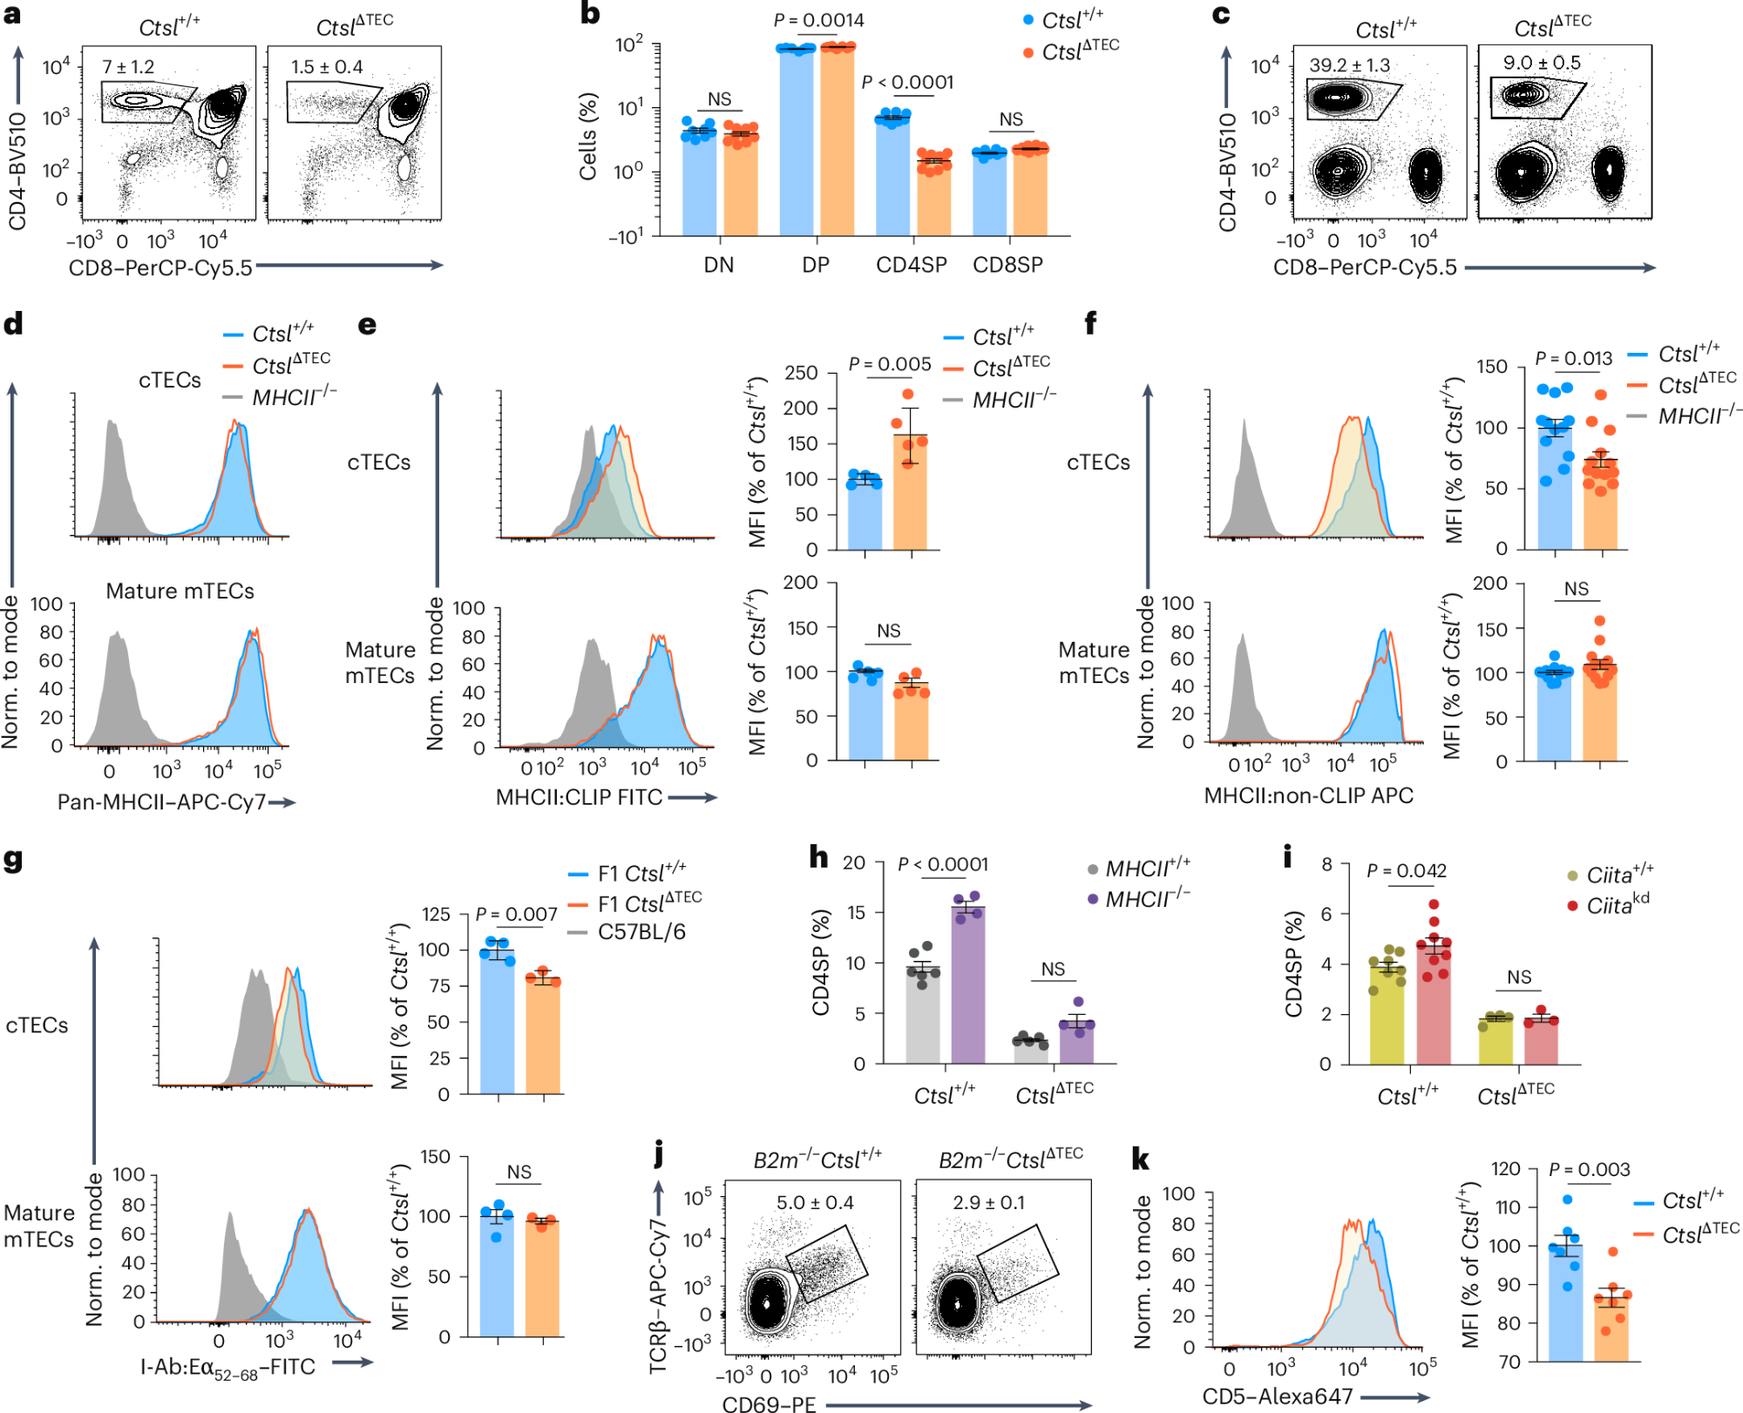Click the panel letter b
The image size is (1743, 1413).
tap(590, 14)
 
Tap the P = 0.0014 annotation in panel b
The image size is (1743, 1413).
tap(819, 20)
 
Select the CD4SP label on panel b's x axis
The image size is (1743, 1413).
tap(911, 265)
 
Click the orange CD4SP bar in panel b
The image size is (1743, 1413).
tap(934, 197)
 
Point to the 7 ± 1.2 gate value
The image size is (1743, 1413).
tap(128, 67)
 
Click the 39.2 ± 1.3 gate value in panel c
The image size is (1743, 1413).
tap(1349, 65)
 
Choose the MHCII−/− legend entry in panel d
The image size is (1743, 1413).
tap(293, 398)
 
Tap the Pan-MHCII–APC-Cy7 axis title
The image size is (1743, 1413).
tap(161, 802)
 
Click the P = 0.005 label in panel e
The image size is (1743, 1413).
tap(890, 364)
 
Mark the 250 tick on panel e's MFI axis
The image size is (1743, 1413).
tap(801, 373)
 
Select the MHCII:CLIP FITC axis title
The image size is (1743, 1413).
tap(579, 797)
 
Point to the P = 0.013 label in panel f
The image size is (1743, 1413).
tap(1573, 358)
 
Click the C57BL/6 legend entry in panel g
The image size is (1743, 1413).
tap(641, 932)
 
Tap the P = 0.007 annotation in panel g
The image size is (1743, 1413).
tap(517, 914)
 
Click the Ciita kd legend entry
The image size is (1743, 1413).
tap(1617, 905)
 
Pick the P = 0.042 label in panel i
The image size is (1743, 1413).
tap(1406, 870)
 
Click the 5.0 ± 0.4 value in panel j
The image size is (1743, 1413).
tap(815, 1203)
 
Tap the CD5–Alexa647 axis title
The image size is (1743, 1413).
tap(1277, 1396)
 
